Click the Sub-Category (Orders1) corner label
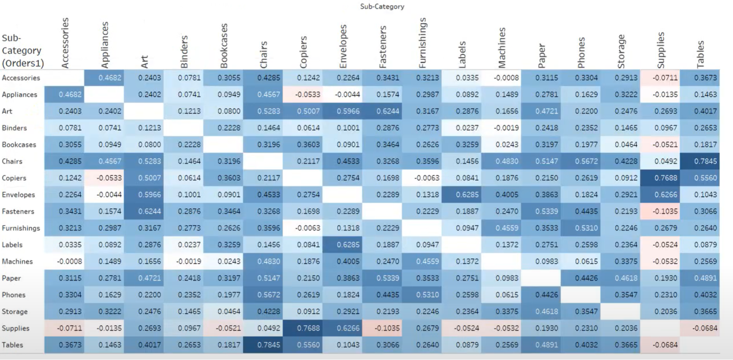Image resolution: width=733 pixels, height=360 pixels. point(23,50)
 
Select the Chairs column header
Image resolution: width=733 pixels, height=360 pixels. point(263,54)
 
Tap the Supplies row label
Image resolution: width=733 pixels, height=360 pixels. point(16,328)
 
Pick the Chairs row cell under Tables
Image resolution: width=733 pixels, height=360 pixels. point(700,161)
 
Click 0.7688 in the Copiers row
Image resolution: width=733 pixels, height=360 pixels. point(660,178)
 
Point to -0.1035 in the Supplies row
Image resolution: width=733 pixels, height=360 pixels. point(382,328)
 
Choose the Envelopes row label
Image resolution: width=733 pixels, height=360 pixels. point(18,194)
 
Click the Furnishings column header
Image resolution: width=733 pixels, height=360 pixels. point(423,43)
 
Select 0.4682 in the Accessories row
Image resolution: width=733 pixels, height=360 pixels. point(104,78)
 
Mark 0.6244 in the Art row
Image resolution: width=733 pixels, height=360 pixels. point(382,111)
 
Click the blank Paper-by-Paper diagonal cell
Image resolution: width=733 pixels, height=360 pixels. point(541,278)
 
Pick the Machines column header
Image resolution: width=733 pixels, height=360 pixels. point(502,48)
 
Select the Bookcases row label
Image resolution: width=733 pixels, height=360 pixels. point(19,144)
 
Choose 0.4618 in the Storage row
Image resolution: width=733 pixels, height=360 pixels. point(541,311)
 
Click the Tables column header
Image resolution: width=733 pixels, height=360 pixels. point(700,54)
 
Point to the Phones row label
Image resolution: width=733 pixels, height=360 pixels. point(14,295)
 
